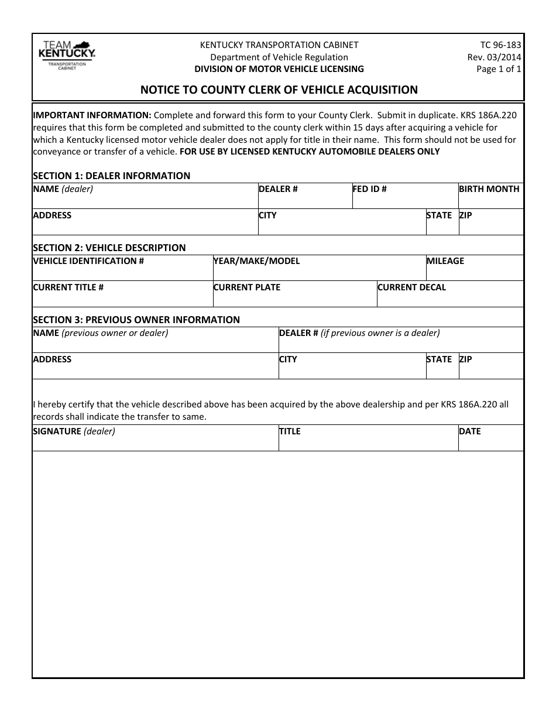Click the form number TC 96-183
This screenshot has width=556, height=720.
[x=500, y=45]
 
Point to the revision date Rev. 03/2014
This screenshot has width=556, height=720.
[x=494, y=57]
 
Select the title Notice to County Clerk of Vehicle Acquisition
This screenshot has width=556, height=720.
[x=279, y=90]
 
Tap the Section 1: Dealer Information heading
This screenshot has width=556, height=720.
[x=111, y=176]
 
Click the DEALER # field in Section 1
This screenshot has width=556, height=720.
[x=304, y=199]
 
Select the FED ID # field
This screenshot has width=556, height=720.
[x=404, y=199]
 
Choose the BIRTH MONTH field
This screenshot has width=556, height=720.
[x=490, y=199]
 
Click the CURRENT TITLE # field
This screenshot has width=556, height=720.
[x=122, y=297]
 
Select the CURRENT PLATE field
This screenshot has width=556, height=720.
[x=294, y=297]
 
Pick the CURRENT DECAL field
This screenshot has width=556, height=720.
[x=449, y=297]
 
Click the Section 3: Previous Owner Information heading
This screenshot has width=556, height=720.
[x=136, y=320]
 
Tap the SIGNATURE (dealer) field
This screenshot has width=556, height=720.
[x=155, y=441]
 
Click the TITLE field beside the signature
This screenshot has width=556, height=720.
[x=368, y=441]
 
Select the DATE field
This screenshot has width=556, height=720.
[x=490, y=441]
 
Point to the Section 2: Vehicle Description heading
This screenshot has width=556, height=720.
[x=109, y=248]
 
